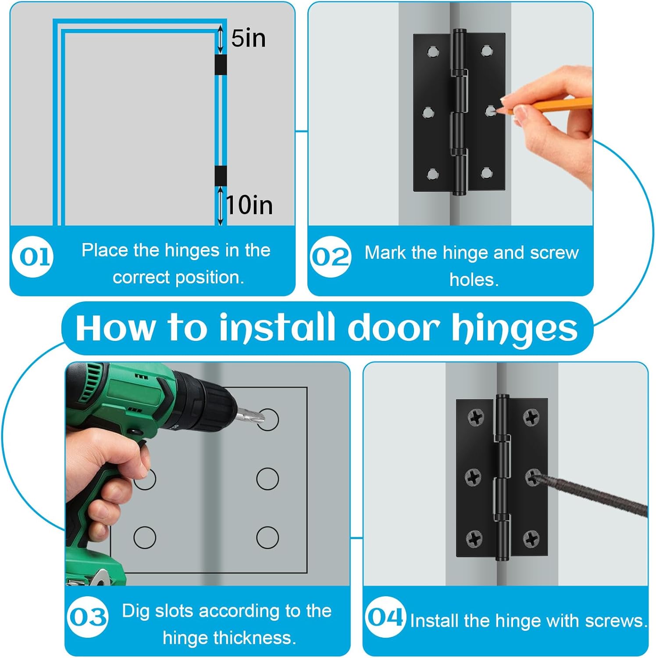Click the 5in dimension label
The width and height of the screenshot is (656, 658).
click(248, 39)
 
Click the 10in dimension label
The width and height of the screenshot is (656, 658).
click(249, 205)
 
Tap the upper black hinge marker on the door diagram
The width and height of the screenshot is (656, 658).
click(221, 64)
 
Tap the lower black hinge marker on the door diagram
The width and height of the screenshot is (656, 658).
click(221, 176)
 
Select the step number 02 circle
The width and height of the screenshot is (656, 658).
click(331, 257)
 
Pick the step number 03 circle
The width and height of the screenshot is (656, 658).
click(88, 617)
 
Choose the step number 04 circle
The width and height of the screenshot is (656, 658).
click(385, 617)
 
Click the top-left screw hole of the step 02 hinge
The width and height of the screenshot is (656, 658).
click(432, 52)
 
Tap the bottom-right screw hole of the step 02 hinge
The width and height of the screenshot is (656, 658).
click(486, 173)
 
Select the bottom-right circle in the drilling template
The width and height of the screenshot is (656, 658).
click(267, 537)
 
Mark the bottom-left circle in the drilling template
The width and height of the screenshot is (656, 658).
click(145, 537)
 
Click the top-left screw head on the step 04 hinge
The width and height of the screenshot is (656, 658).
click(476, 417)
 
